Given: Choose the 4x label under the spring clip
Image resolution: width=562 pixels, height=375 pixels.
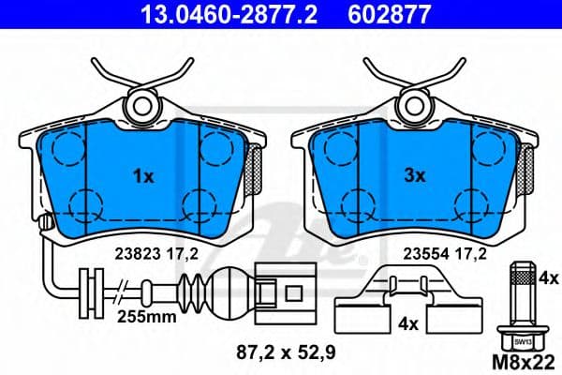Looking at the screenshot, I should click(406, 324).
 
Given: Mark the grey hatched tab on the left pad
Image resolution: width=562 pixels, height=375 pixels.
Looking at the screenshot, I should click(252, 170).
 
